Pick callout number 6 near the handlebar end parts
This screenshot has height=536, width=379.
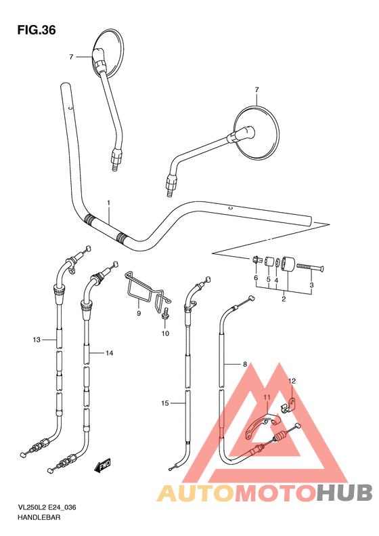tap(256, 279)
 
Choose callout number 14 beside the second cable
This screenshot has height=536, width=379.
tap(109, 353)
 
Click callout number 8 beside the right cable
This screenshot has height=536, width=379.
tap(244, 365)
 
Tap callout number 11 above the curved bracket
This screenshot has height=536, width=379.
tap(267, 396)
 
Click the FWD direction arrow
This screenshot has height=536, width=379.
tap(104, 466)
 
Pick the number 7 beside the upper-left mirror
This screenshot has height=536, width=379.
tap(70, 57)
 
